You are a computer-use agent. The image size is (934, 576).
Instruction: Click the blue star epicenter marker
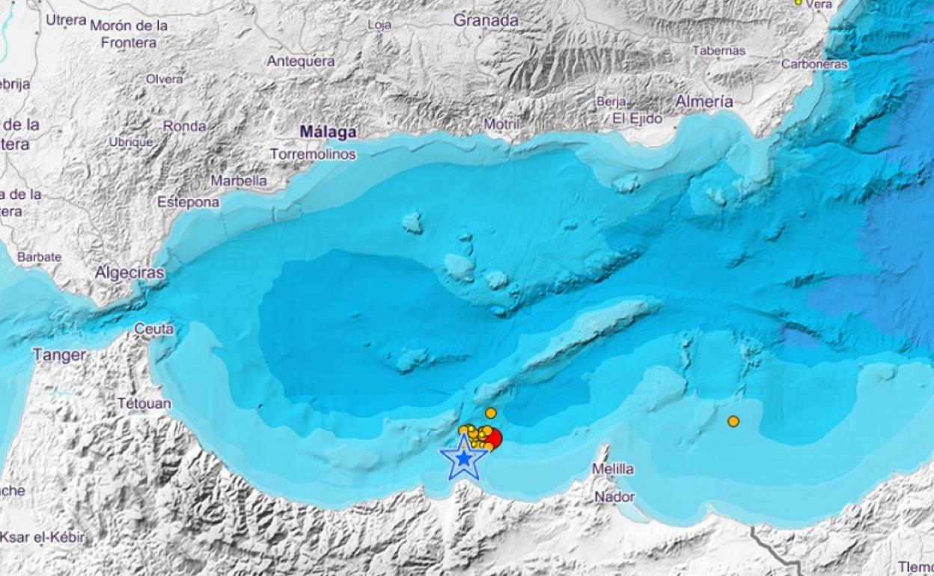[464, 459]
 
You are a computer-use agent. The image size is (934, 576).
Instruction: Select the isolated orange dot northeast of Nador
[733, 421]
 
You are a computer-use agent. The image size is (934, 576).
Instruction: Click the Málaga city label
[328, 132]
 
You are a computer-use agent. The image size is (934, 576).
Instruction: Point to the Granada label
[486, 21]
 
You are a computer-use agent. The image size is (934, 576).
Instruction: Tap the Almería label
[703, 102]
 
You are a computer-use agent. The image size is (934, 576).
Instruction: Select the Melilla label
[612, 469]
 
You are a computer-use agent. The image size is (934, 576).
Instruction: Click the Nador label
[614, 497]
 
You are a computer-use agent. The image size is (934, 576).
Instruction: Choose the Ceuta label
[154, 328]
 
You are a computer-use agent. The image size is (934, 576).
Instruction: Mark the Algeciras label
[129, 274]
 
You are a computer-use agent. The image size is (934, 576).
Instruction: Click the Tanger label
[60, 355]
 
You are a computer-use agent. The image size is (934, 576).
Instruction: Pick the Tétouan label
[144, 404]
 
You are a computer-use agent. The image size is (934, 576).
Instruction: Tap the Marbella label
[239, 180]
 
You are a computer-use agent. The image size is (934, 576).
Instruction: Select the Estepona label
[189, 202]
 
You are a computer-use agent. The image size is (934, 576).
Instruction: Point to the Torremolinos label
[313, 154]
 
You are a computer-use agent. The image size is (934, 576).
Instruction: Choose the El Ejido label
[637, 118]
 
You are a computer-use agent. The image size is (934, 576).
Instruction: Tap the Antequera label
[301, 61]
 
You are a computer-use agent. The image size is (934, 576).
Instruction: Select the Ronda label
[184, 126]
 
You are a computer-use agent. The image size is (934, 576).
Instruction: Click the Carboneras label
[814, 64]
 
